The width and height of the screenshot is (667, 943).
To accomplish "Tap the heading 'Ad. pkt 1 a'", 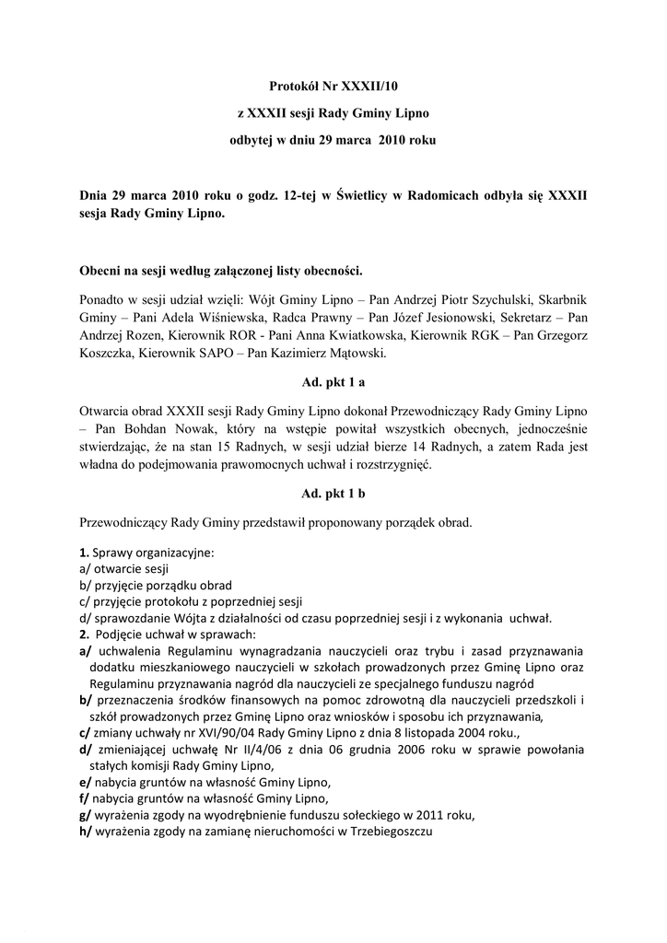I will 333,381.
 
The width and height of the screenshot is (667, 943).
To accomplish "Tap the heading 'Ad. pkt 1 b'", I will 333,494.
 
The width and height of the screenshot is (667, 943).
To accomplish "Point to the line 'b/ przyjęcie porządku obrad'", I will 156,586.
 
